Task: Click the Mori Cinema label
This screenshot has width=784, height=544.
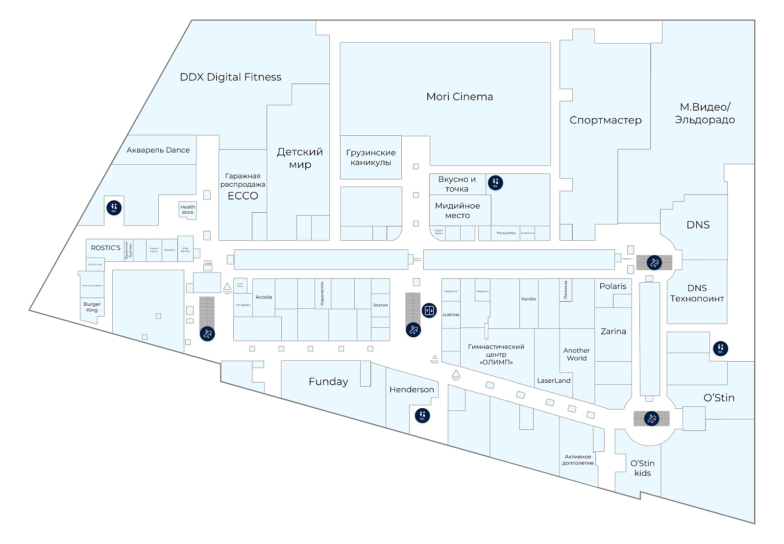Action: pyautogui.click(x=460, y=97)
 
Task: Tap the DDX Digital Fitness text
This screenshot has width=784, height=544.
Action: pyautogui.click(x=230, y=77)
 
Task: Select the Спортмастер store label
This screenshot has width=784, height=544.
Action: pyautogui.click(x=605, y=120)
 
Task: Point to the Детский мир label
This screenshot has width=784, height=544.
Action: pyautogui.click(x=300, y=158)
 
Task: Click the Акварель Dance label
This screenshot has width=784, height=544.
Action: pyautogui.click(x=158, y=150)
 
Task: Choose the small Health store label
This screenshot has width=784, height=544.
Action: pyautogui.click(x=188, y=210)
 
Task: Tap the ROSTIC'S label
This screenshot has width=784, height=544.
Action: pyautogui.click(x=105, y=248)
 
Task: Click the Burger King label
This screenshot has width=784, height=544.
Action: pyautogui.click(x=92, y=307)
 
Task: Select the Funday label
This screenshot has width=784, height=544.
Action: pyautogui.click(x=328, y=382)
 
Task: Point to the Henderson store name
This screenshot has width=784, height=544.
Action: pyautogui.click(x=412, y=390)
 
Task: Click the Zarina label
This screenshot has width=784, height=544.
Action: pyautogui.click(x=613, y=331)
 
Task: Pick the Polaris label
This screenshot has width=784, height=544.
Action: pyautogui.click(x=612, y=286)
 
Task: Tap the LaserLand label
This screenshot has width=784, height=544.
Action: pyautogui.click(x=554, y=380)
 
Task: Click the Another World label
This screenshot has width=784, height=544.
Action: pyautogui.click(x=577, y=354)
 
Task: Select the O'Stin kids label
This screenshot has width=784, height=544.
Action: pyautogui.click(x=642, y=468)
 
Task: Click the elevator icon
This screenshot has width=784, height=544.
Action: pyautogui.click(x=429, y=310)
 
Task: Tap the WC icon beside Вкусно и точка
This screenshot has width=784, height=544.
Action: pyautogui.click(x=495, y=183)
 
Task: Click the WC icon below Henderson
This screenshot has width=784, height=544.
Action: pyautogui.click(x=422, y=416)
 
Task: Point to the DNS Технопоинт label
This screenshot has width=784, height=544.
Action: pyautogui.click(x=697, y=293)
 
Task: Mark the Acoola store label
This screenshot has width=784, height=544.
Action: pyautogui.click(x=264, y=297)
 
